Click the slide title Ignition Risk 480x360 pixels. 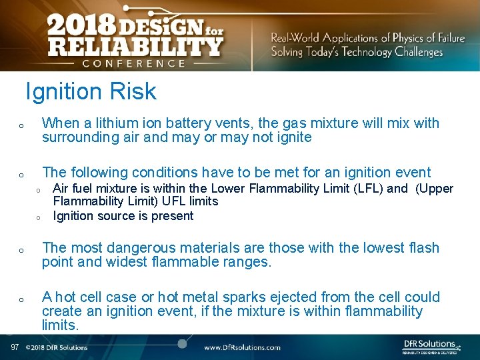click(91, 91)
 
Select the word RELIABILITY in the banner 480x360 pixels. click(134, 47)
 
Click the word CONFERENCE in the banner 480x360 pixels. click(133, 63)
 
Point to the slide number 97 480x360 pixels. click(15, 347)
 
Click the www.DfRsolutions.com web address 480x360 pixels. click(242, 347)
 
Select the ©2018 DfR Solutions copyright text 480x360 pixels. click(57, 347)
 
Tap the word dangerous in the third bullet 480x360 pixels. click(129, 247)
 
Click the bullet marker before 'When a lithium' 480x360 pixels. click(21, 125)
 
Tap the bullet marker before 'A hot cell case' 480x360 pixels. click(21, 299)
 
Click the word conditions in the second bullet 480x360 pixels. click(149, 171)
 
